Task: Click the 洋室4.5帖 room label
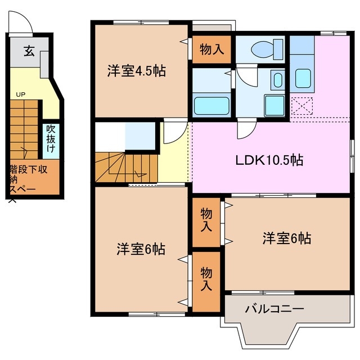pos(137,73)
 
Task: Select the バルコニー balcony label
pos(274,309)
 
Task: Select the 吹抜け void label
pos(51,139)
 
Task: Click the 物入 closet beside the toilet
pos(211,49)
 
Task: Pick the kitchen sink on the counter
pos(304,78)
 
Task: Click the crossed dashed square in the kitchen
pos(303,106)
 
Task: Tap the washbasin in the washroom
pos(278,79)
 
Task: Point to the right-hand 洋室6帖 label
pos(286,238)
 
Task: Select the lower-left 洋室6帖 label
pos(141,249)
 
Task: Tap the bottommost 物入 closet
pos(206,279)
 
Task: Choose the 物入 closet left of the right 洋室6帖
pos(206,220)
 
